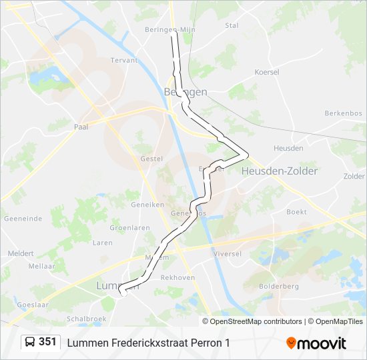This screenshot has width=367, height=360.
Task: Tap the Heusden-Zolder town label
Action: (280, 171)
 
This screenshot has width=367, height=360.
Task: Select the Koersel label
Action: (267, 71)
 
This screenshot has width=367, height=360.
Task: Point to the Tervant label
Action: (124, 60)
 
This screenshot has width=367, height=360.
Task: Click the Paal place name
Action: (81, 126)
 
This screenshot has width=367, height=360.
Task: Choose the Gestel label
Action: (151, 159)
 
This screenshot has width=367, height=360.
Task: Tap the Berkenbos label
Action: (343, 113)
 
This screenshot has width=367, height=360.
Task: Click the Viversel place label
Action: (226, 254)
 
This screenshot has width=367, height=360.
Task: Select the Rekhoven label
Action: (177, 277)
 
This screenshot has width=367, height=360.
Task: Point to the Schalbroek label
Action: (87, 319)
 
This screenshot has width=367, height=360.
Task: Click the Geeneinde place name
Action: (23, 218)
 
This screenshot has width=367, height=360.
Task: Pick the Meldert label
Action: (21, 253)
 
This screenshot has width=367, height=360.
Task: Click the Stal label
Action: (232, 25)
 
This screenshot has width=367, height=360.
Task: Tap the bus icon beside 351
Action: (31, 343)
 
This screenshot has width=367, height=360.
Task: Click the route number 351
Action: (47, 342)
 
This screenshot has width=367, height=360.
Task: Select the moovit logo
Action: (316, 343)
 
